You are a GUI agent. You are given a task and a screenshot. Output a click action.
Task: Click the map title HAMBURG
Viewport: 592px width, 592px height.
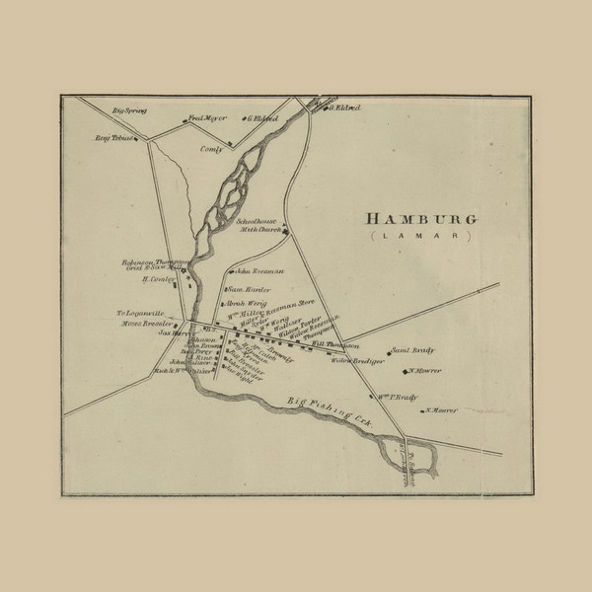pyautogui.click(x=420, y=218)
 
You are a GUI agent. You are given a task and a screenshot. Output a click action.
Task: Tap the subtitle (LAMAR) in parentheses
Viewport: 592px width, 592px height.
pyautogui.click(x=420, y=238)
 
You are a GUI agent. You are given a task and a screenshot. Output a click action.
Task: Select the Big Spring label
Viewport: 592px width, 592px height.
pyautogui.click(x=129, y=111)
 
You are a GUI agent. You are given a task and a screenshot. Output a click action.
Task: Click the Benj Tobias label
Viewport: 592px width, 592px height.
pyautogui.click(x=115, y=139)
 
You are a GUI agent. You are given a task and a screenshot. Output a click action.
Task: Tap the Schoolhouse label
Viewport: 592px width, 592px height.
pyautogui.click(x=259, y=222)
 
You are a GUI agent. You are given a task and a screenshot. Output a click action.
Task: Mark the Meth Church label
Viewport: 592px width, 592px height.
pyautogui.click(x=259, y=231)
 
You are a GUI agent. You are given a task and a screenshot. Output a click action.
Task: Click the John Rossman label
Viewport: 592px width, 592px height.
pyautogui.click(x=259, y=270)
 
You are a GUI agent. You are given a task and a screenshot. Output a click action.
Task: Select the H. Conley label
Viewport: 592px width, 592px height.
pyautogui.click(x=157, y=279)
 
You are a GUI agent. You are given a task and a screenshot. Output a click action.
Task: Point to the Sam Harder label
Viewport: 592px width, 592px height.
pyautogui.click(x=250, y=289)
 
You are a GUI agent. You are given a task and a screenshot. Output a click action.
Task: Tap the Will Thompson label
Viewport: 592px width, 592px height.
pyautogui.click(x=334, y=344)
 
